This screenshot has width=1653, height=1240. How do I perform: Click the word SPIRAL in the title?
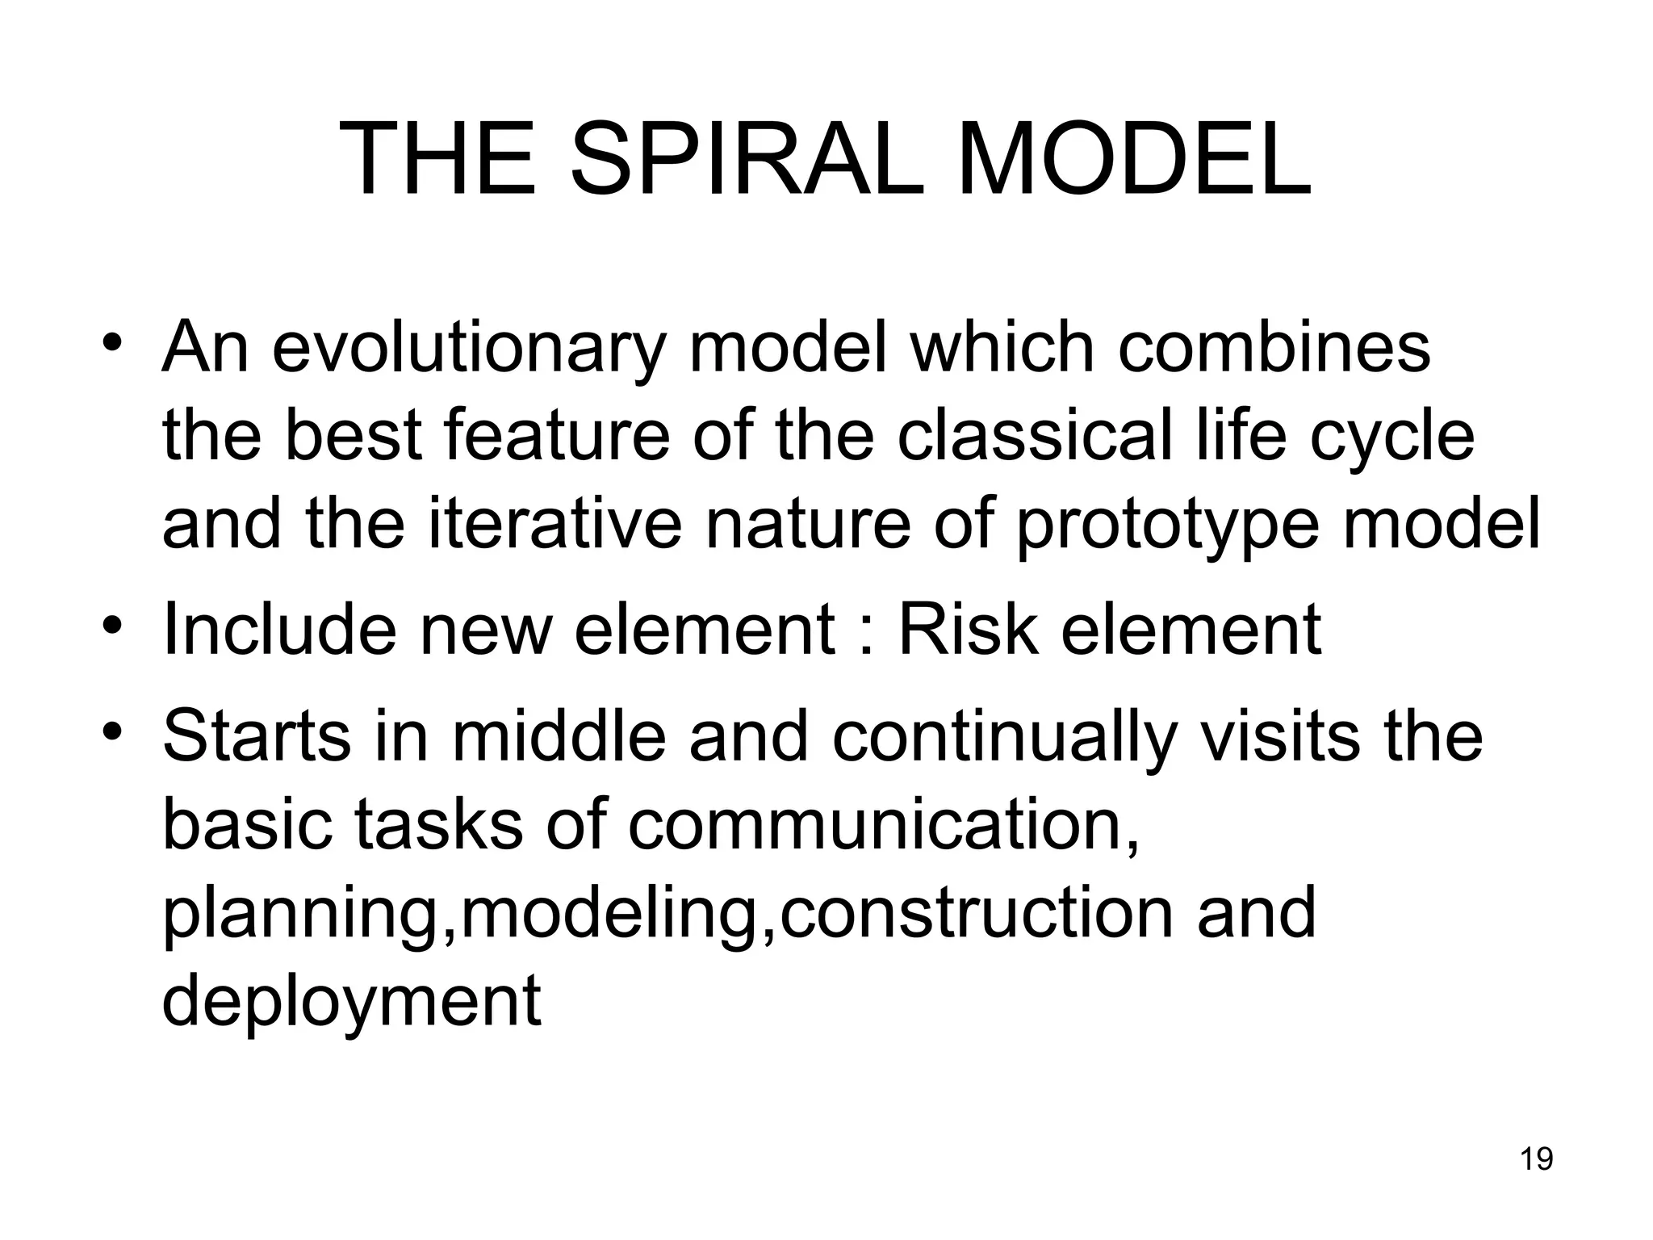(747, 159)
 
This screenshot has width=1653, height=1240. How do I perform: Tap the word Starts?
(257, 736)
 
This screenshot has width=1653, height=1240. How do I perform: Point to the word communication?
(883, 825)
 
